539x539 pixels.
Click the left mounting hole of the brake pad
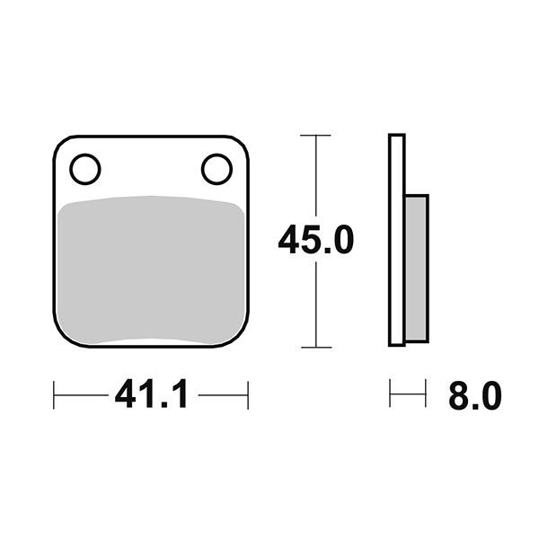pyautogui.click(x=85, y=168)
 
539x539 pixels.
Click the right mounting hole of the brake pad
pyautogui.click(x=216, y=168)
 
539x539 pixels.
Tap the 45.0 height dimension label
pyautogui.click(x=315, y=241)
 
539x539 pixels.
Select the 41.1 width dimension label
pyautogui.click(x=151, y=394)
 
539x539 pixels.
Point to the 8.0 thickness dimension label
pyautogui.click(x=474, y=395)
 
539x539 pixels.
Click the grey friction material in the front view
pyautogui.click(x=151, y=269)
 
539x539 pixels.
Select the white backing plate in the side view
pyautogui.click(x=396, y=240)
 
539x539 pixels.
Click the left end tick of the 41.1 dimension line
pyautogui.click(x=55, y=394)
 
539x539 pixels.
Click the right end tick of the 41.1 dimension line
pyautogui.click(x=247, y=394)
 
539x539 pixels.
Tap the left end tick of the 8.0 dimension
pyautogui.click(x=390, y=394)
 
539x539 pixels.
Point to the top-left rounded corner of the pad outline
pyautogui.click(x=61, y=144)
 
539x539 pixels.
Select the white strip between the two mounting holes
pyautogui.click(x=151, y=168)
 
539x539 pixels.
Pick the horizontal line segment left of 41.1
pyautogui.click(x=81, y=394)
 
